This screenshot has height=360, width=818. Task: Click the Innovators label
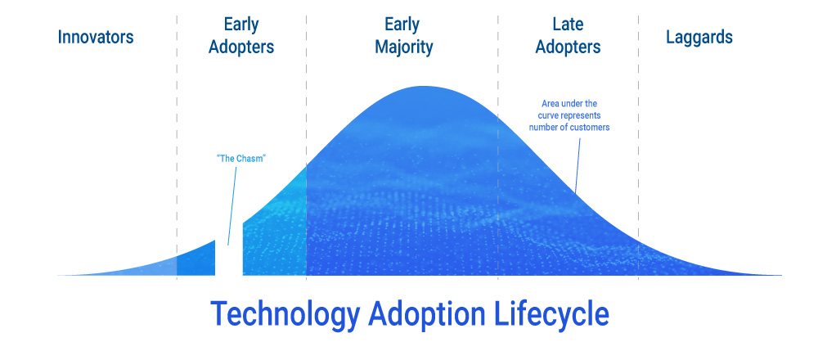click(x=96, y=37)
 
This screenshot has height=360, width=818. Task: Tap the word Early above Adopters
click(x=241, y=25)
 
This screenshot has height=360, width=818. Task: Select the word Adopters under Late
click(x=568, y=47)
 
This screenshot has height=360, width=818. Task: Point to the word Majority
click(x=404, y=47)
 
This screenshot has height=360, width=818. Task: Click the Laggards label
click(x=699, y=37)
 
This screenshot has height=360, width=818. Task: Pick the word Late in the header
click(x=568, y=25)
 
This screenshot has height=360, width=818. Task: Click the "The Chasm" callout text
click(x=241, y=158)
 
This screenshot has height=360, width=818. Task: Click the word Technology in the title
click(x=285, y=314)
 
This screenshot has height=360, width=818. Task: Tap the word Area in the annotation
click(x=550, y=104)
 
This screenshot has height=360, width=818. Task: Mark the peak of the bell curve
click(x=424, y=86)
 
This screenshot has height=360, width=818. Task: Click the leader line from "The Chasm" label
click(x=232, y=206)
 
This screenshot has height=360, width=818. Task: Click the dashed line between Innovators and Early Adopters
click(x=177, y=147)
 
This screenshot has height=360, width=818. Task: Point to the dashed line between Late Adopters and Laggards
click(x=638, y=147)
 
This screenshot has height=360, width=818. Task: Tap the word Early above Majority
click(x=402, y=25)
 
